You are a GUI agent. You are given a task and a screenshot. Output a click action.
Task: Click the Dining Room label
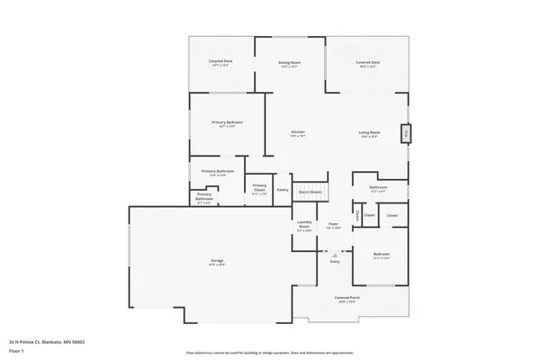click(289, 62)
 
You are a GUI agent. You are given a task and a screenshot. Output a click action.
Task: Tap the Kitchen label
click(298, 132)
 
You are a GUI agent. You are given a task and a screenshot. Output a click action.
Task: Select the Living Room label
click(370, 132)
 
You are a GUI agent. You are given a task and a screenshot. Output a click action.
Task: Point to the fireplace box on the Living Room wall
click(406, 134)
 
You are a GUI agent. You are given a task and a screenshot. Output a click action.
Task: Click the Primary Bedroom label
click(227, 122)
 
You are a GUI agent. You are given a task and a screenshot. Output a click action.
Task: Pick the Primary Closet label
click(259, 185)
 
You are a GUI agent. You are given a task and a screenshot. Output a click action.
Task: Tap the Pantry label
click(283, 189)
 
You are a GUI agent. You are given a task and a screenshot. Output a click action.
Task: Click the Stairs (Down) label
click(310, 192)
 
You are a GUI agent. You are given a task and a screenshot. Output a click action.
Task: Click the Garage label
click(217, 260)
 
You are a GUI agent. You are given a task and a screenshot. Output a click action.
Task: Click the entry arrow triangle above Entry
click(335, 253)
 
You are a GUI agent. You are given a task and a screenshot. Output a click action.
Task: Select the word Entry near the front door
click(335, 261)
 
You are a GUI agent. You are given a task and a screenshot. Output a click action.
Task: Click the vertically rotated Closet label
click(358, 216)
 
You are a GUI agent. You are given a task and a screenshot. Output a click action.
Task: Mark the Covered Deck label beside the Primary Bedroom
click(220, 62)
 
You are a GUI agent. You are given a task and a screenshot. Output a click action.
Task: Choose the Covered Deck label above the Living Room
click(370, 62)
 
